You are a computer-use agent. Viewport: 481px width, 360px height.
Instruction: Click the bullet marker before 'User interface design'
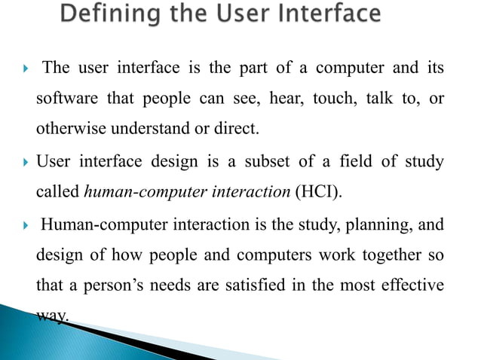[26, 162]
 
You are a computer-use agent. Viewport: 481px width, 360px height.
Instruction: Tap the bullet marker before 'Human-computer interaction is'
[26, 224]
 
